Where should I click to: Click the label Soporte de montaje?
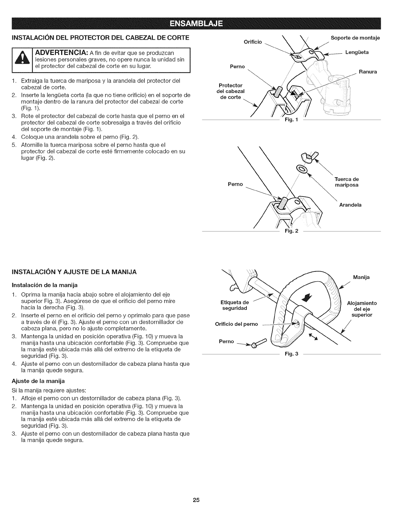pyautogui.click(x=355, y=38)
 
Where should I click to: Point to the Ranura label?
pyautogui.click(x=368, y=72)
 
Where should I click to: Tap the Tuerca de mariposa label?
pyautogui.click(x=347, y=182)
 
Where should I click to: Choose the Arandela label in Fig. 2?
pyautogui.click(x=350, y=205)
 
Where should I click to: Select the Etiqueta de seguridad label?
pyautogui.click(x=234, y=305)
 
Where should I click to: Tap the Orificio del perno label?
pyautogui.click(x=236, y=324)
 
